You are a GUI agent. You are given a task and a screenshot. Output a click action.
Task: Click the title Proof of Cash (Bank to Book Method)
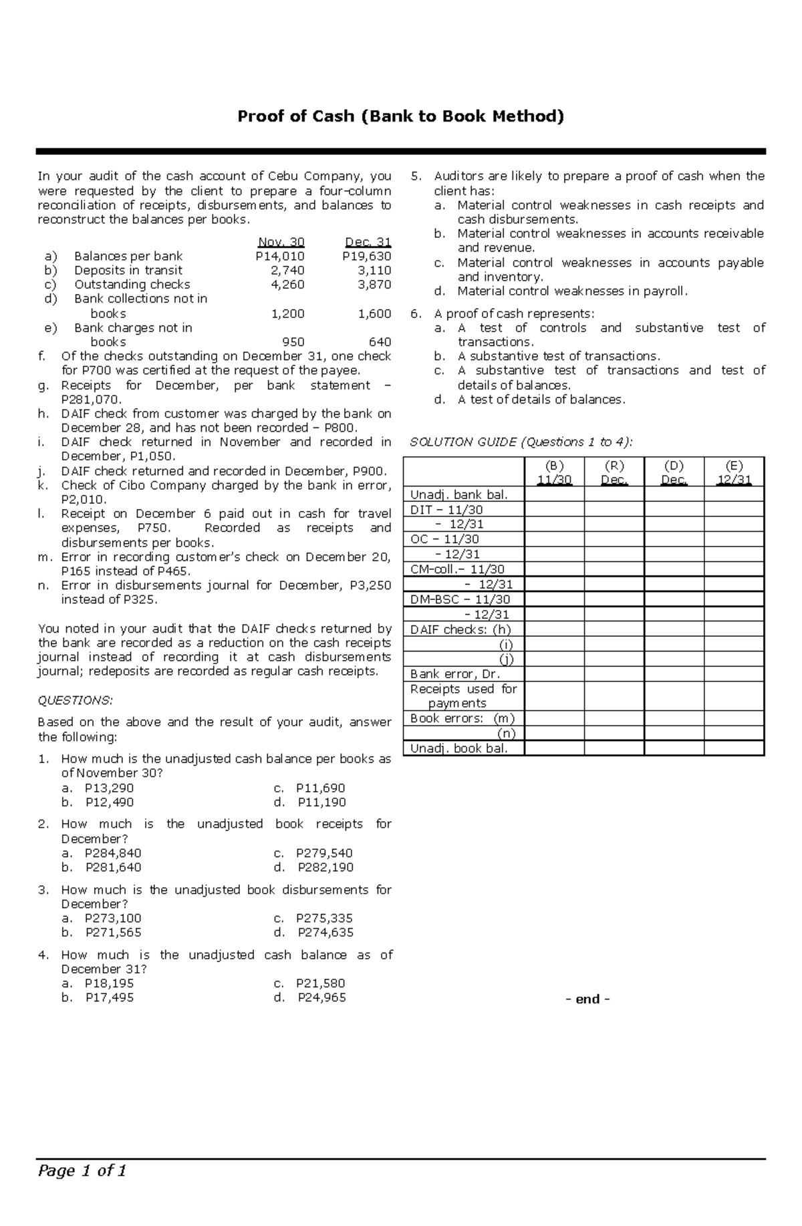(x=401, y=117)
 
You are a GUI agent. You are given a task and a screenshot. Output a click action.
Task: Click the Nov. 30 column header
(x=281, y=242)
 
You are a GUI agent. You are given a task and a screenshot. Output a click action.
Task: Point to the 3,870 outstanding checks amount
(x=374, y=285)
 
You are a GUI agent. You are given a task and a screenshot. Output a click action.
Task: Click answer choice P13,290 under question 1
(x=109, y=788)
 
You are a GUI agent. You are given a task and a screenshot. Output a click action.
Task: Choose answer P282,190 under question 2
(x=325, y=867)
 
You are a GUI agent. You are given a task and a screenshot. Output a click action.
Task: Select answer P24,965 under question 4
(x=321, y=998)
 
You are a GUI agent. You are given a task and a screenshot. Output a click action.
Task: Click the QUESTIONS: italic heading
(x=76, y=700)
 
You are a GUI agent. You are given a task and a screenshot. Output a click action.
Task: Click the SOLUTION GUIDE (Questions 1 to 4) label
(x=521, y=442)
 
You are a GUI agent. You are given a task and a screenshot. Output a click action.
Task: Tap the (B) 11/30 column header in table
(x=554, y=472)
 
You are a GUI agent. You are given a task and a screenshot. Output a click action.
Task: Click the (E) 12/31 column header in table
(x=733, y=472)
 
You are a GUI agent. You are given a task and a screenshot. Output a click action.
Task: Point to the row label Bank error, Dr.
(x=454, y=674)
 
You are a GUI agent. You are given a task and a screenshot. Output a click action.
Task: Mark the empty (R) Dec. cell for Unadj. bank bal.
(x=614, y=495)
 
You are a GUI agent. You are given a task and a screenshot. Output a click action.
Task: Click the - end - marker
(x=587, y=999)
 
